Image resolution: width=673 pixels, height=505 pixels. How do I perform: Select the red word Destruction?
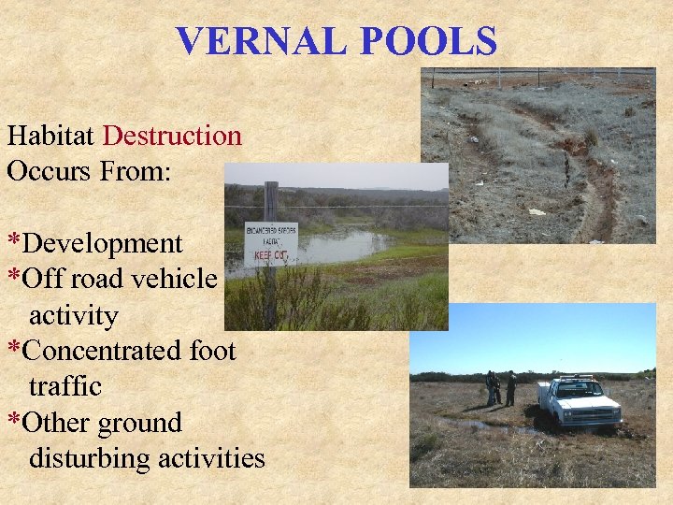pos(172,136)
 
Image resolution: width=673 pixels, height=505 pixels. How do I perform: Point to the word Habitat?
pos(50,136)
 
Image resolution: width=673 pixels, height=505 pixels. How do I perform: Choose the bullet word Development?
pos(103,243)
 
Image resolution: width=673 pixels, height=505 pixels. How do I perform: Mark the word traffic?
pos(65,386)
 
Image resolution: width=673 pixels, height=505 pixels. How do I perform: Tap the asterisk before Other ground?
pos(14,421)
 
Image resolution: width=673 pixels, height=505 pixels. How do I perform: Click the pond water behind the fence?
pos(341,247)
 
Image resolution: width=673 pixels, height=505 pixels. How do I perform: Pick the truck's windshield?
pos(577,387)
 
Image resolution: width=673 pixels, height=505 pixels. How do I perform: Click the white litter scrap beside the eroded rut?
pos(537,212)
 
